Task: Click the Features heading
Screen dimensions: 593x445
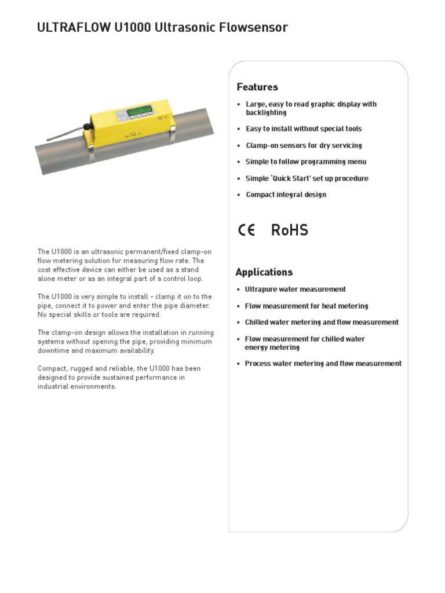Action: [257, 87]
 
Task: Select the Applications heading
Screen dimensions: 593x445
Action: [264, 272]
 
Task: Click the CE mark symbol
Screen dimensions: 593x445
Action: [246, 230]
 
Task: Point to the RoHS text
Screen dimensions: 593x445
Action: [289, 230]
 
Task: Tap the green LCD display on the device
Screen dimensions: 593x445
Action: [140, 109]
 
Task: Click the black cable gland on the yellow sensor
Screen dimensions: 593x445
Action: [87, 126]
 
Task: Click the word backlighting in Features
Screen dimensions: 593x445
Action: [266, 113]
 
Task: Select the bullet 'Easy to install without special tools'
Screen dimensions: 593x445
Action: [304, 129]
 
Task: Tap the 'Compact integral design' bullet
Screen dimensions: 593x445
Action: [286, 195]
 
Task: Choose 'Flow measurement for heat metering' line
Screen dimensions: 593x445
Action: [307, 306]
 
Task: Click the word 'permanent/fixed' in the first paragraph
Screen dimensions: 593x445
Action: [148, 252]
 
